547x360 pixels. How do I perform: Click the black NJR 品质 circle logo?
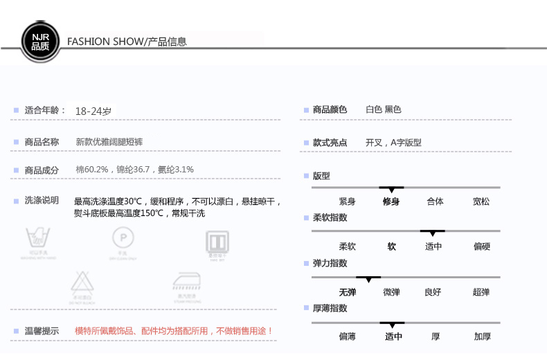click(40, 41)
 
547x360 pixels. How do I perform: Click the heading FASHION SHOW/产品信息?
click(127, 42)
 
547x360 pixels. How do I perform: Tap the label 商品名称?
click(42, 142)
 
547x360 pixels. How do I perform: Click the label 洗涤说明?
click(42, 201)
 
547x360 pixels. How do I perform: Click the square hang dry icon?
click(217, 242)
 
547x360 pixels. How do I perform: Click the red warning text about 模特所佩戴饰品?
click(174, 331)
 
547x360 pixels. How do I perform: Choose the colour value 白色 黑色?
click(383, 109)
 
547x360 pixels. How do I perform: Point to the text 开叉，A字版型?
click(393, 143)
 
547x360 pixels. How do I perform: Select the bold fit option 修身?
click(391, 201)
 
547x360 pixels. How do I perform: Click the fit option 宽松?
click(481, 201)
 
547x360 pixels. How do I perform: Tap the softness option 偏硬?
click(481, 246)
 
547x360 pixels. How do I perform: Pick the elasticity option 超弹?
click(481, 292)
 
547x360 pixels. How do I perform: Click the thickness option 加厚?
click(482, 337)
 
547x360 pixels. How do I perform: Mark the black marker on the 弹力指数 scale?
click(368, 278)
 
